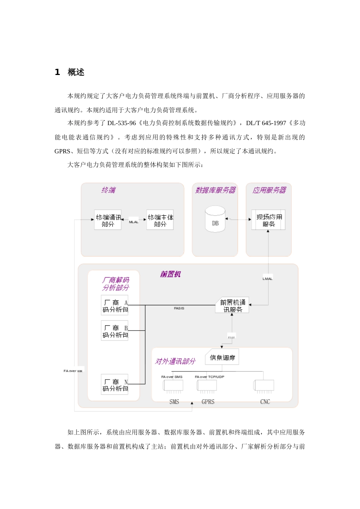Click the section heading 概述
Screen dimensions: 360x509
[76, 72]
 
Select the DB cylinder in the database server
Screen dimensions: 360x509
[215, 219]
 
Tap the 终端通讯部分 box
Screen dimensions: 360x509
[108, 220]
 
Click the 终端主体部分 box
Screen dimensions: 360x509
[160, 220]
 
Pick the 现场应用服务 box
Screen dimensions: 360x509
[269, 220]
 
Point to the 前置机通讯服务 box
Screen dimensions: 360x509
[232, 306]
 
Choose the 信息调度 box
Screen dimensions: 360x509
[222, 358]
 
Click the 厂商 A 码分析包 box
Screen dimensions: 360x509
[115, 306]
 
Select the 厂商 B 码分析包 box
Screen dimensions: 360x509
[115, 331]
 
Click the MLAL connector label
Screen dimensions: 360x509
[134, 222]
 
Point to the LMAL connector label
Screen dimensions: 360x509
[268, 279]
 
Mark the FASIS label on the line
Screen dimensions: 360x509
[179, 308]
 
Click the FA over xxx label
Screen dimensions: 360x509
[73, 371]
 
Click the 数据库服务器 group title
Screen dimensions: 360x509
[215, 190]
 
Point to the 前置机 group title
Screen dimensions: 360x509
[171, 274]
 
